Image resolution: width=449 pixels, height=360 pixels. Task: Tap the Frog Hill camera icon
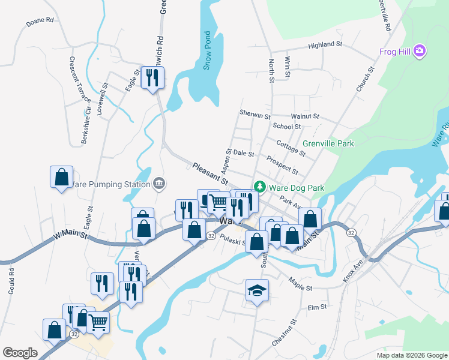point(420,52)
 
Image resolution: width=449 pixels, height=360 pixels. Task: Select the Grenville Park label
point(328,143)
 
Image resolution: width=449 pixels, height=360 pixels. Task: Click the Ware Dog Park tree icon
point(260,187)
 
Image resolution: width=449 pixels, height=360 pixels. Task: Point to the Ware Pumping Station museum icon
point(159,184)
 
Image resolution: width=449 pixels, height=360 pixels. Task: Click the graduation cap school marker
point(257,290)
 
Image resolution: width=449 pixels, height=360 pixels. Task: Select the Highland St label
point(325,45)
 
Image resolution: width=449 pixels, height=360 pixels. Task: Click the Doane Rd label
point(40,21)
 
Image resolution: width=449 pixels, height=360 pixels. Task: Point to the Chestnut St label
point(285,332)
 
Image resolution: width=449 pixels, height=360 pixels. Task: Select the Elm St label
point(316,307)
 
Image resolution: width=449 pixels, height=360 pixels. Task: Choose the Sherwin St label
point(255,113)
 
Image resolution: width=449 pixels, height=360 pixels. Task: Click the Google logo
point(20,353)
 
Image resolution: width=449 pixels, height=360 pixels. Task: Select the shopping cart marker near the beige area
point(98,322)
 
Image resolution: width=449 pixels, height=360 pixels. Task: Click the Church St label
point(365,79)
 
